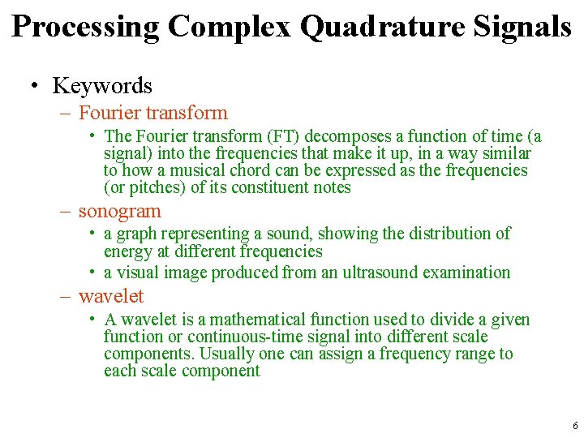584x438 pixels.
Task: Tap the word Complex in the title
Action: coord(230,27)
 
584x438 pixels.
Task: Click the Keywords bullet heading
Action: coord(102,85)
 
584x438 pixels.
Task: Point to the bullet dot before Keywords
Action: coord(36,86)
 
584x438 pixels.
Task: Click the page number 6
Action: coord(575,426)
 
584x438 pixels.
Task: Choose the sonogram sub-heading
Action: coord(120,211)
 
